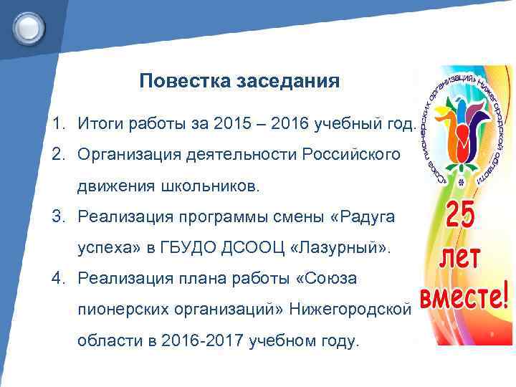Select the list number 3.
pyautogui.click(x=57, y=216)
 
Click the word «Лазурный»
pyautogui.click(x=338, y=248)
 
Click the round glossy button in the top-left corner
pyautogui.click(x=29, y=29)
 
